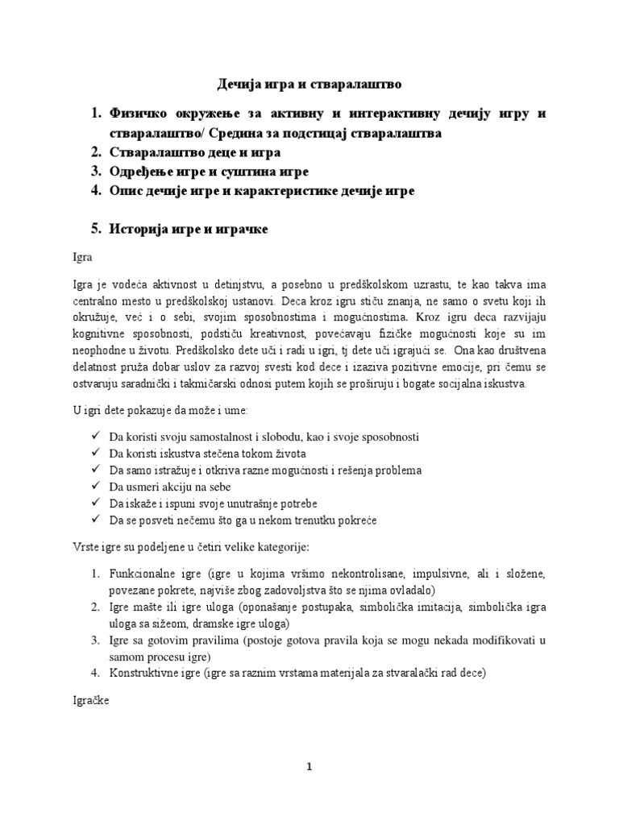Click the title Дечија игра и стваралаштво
point(309,84)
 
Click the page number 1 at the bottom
point(309,768)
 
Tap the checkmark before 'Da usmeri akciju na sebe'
point(96,487)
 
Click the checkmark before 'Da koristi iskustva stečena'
point(96,454)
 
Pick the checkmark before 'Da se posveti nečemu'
point(96,521)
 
